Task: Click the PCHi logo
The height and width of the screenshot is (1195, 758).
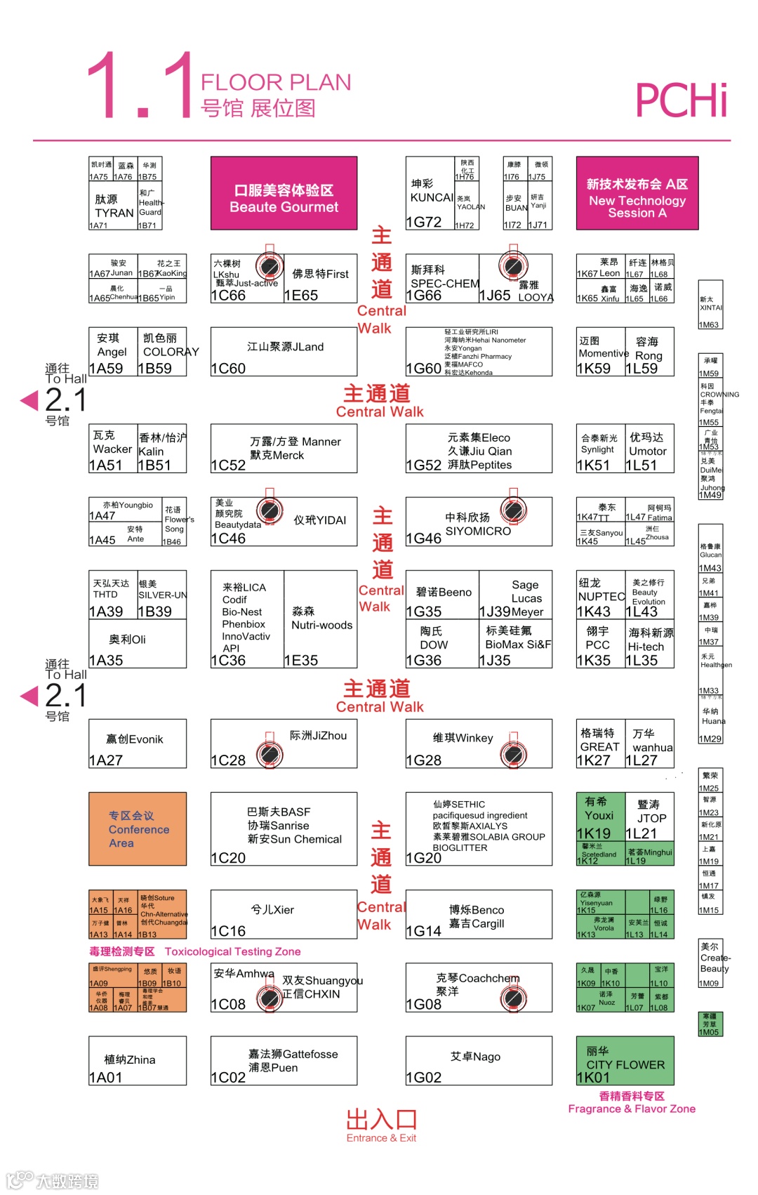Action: [x=681, y=100]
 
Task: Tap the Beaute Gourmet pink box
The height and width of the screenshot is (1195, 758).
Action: [x=284, y=193]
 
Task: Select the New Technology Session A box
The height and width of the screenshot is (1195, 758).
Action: [x=637, y=193]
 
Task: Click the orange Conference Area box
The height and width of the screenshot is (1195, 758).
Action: [x=138, y=828]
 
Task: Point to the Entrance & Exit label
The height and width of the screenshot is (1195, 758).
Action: [x=381, y=1125]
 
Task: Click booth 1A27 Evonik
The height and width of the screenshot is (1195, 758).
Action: [x=138, y=744]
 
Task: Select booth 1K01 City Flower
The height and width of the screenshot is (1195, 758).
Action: [x=625, y=1061]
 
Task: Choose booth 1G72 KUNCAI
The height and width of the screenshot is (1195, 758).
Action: [x=430, y=194]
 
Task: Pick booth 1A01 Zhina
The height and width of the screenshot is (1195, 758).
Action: [x=138, y=1061]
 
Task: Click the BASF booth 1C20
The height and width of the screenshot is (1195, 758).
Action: [x=284, y=829]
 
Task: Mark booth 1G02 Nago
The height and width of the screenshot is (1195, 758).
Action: [x=479, y=1061]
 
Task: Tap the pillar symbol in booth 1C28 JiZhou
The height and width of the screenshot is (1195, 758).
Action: [x=270, y=755]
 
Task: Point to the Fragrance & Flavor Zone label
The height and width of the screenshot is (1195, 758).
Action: [x=632, y=1102]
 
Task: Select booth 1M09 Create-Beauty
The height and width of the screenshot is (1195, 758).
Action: [x=711, y=964]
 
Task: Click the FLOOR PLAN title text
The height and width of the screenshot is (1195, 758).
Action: [x=276, y=82]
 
